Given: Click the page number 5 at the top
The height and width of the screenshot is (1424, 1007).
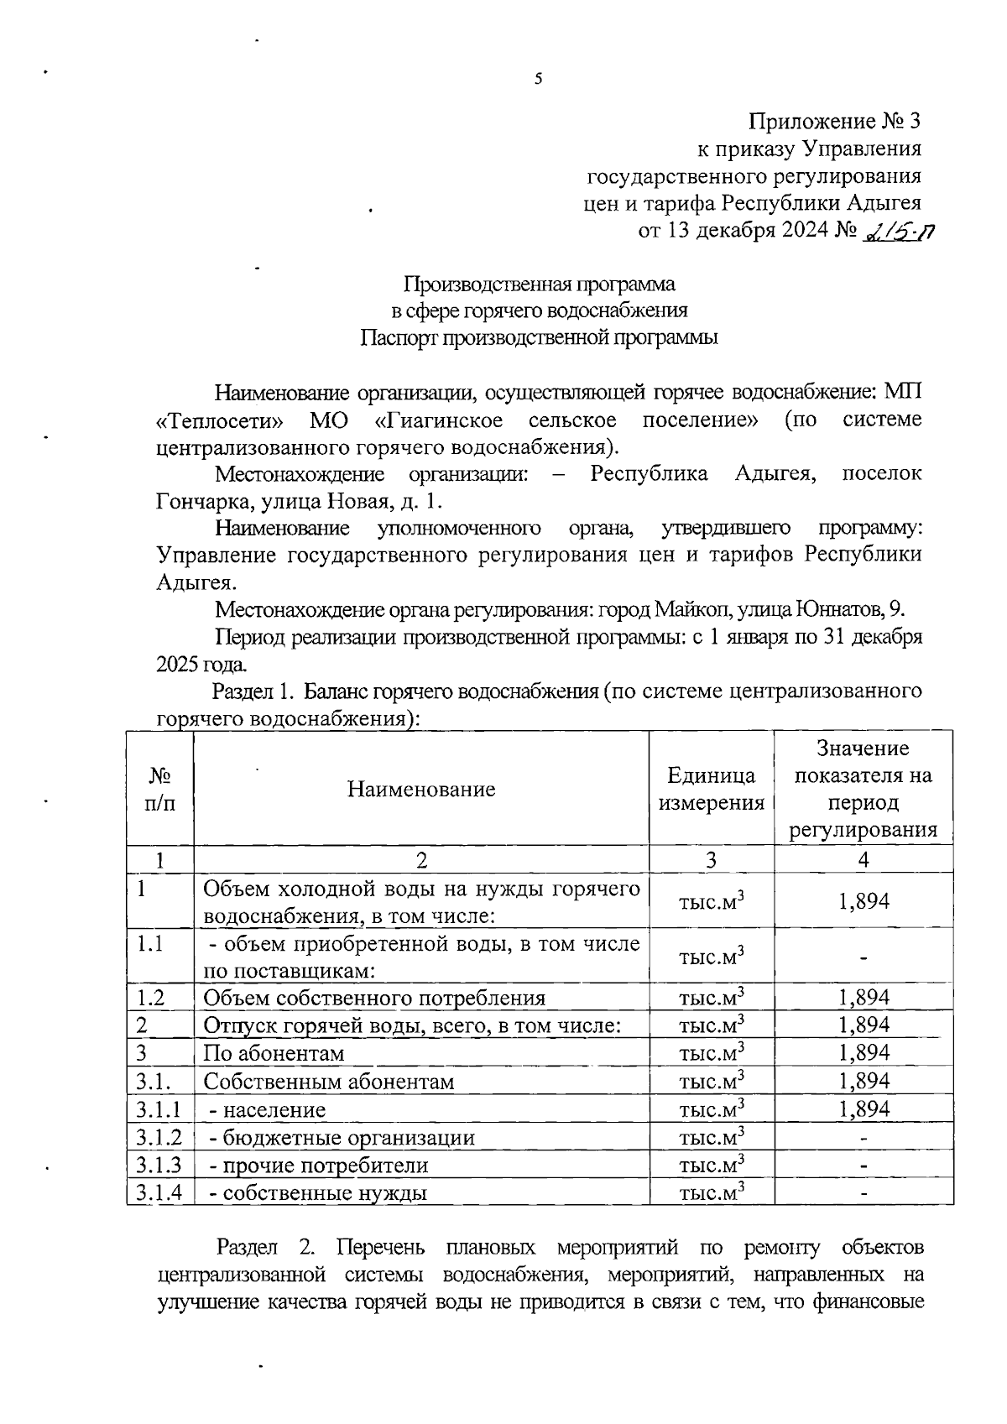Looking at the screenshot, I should (538, 80).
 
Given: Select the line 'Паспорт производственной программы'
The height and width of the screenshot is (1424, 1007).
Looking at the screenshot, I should (540, 338).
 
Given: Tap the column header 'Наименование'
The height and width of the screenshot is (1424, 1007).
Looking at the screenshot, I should (420, 789).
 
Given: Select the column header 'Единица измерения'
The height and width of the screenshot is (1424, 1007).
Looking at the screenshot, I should (711, 789).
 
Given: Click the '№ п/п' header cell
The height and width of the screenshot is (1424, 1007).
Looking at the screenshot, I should (160, 789).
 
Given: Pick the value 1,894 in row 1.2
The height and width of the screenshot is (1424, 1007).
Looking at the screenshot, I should (864, 997).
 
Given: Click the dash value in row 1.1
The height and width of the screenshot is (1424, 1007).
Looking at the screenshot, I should (864, 957).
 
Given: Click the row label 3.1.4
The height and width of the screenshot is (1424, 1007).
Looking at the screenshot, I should (159, 1192).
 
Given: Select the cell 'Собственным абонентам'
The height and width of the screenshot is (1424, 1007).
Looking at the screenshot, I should (328, 1082).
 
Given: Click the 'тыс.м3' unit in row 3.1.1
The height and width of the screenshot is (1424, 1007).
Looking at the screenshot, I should (711, 1109).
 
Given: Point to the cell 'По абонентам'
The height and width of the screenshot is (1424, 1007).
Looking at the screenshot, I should (274, 1053).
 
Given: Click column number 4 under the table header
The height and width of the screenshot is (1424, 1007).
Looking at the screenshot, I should (864, 859).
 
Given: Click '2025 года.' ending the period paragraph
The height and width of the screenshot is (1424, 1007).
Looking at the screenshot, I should (202, 665).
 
